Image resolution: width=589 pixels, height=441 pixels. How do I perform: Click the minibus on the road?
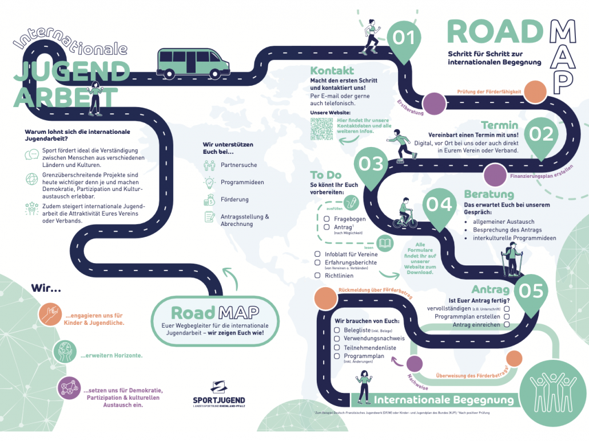point(193,63)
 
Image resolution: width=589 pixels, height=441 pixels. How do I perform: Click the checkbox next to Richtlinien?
point(317,275)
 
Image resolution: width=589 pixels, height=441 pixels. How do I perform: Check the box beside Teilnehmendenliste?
point(337,347)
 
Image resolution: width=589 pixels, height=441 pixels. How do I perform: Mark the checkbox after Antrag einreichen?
point(507,325)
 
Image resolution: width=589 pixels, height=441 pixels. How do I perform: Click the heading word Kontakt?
point(332,71)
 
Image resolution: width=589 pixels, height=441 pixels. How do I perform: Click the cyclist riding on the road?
point(405,213)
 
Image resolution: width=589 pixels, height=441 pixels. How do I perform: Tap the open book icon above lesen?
point(385,243)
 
